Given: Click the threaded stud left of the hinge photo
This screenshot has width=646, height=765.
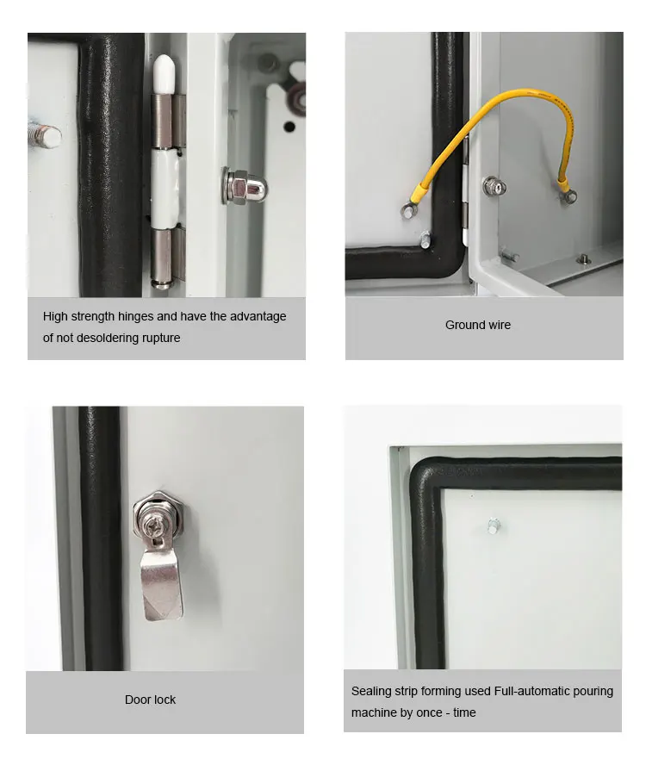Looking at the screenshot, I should (45, 135).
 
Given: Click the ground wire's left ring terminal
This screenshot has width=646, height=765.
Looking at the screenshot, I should (406, 207).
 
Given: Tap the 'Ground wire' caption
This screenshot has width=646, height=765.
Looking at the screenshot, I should (478, 325).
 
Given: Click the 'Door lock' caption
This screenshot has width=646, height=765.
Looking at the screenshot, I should (150, 700).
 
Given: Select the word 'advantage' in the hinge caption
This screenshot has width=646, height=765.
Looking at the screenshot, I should (258, 316).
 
